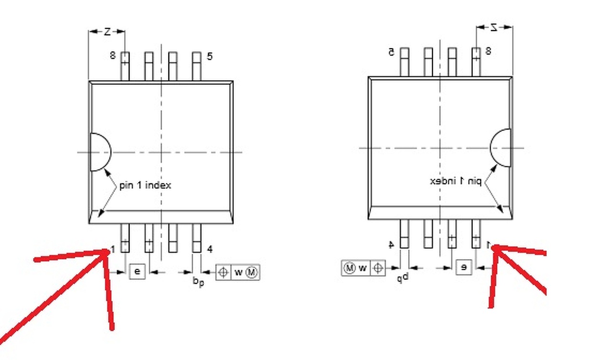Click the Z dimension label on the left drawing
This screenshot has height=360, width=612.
coord(107,32)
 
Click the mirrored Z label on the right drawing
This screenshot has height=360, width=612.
coord(494,27)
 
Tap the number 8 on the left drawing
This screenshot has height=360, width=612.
coord(113,55)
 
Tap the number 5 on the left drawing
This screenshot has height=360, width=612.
coord(209,57)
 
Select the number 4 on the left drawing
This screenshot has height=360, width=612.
coord(209,249)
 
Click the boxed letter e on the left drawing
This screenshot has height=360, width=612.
coord(137,272)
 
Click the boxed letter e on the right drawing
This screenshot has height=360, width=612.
coord(463,267)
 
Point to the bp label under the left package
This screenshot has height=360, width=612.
coord(198,282)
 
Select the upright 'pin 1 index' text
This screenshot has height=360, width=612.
coord(145,185)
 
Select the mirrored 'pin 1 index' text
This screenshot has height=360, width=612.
coord(455,181)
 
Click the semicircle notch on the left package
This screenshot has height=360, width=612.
coord(99,152)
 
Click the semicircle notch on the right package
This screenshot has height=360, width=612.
coord(502,148)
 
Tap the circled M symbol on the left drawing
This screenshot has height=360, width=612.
coord(251,272)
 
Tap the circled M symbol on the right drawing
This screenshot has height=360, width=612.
coord(350,268)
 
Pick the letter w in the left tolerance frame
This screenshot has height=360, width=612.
coord(238,272)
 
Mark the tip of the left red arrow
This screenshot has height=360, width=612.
coord(108,250)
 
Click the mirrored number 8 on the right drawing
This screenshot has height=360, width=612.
coord(488,51)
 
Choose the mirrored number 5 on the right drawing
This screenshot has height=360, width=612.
coord(391,52)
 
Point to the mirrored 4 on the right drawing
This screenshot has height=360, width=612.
coord(391,244)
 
